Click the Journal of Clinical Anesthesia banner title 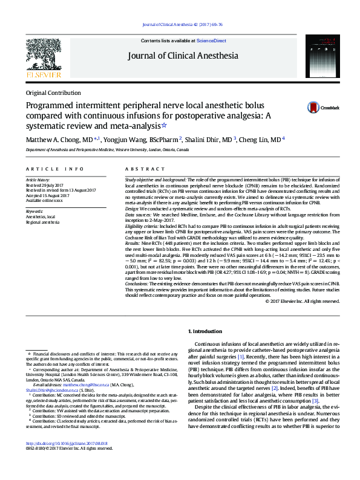183,56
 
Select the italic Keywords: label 34,211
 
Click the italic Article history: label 38,180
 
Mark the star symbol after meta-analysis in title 163,126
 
